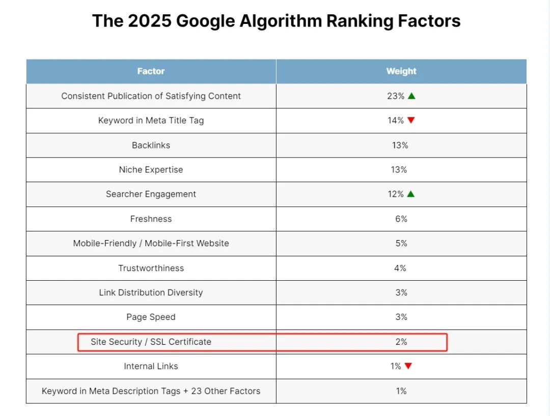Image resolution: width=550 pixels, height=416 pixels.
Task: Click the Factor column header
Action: coord(151,71)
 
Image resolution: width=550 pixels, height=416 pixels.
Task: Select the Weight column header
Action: coord(401,71)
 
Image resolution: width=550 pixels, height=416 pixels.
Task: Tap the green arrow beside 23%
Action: coord(411,96)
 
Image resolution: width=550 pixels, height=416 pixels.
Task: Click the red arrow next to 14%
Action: coord(411,121)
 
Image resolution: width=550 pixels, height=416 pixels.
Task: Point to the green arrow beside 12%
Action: coord(411,194)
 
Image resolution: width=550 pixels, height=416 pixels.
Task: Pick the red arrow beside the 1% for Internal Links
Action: coord(408,366)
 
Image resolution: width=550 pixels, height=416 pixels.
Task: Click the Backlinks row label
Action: coord(151,145)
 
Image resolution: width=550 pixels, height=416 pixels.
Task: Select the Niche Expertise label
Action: coord(151,170)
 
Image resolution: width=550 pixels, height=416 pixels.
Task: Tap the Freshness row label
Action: coord(151,219)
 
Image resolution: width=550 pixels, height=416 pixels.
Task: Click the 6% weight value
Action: coord(401,219)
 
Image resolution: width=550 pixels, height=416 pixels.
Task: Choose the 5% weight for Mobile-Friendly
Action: coord(401,244)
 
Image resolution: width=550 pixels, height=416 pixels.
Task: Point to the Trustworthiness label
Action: coord(151,268)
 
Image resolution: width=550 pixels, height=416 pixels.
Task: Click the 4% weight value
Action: coord(400,268)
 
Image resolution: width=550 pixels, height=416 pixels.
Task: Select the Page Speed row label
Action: coord(151,317)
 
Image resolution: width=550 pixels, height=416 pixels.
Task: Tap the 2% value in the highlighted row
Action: coord(401,342)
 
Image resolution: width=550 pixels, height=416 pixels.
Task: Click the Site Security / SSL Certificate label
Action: coord(151,342)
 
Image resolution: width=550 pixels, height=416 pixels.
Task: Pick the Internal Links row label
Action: coord(151,366)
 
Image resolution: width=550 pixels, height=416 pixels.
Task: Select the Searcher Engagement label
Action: coord(151,194)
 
